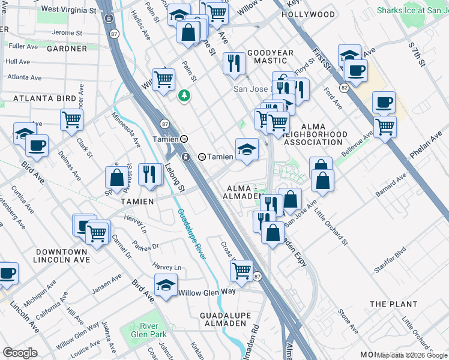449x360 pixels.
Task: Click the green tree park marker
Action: pos(185,95)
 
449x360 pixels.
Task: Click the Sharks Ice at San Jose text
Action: pos(412,10)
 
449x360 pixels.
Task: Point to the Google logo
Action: pos(20,353)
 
